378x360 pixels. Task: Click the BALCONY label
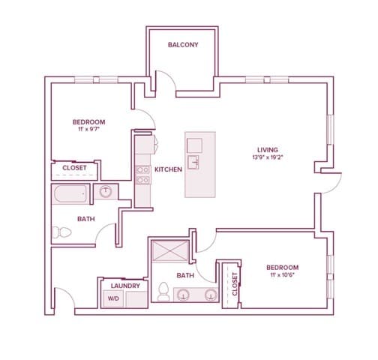pyautogui.click(x=183, y=45)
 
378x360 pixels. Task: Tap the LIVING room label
pyautogui.click(x=268, y=150)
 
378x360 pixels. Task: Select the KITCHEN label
pyautogui.click(x=168, y=169)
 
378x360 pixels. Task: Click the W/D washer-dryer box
pyautogui.click(x=113, y=298)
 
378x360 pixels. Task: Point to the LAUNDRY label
pyautogui.click(x=125, y=286)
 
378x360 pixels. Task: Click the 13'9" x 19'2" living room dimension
pyautogui.click(x=268, y=157)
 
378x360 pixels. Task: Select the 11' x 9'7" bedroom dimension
pyautogui.click(x=88, y=130)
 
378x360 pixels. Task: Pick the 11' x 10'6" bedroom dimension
pyautogui.click(x=283, y=275)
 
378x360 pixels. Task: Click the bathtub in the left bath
pyautogui.click(x=70, y=193)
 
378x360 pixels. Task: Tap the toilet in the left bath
pyautogui.click(x=62, y=232)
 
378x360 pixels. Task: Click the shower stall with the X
pyautogui.click(x=170, y=251)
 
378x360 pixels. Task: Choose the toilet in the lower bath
pyautogui.click(x=163, y=292)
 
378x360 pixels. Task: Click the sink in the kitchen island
pyautogui.click(x=193, y=162)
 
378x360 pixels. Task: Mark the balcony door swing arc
pyautogui.click(x=169, y=76)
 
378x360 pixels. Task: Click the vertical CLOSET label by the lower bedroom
pyautogui.click(x=235, y=284)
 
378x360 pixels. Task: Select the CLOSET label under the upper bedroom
pyautogui.click(x=74, y=168)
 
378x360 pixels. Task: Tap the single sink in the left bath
pyautogui.click(x=106, y=192)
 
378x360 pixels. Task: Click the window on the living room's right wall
pyautogui.click(x=330, y=130)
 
